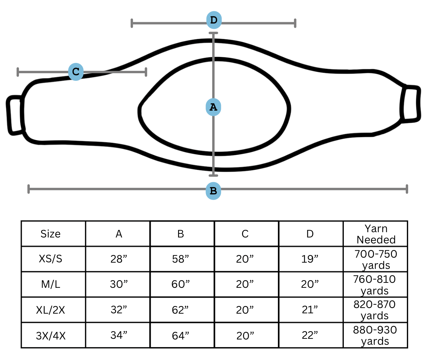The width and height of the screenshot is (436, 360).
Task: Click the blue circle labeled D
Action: tap(214, 20)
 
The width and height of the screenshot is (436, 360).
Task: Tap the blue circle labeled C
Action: tap(76, 72)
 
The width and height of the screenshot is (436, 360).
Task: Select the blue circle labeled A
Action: tap(213, 107)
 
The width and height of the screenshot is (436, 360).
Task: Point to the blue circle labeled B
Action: tap(213, 191)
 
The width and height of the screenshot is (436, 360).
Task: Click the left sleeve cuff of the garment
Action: tap(15, 115)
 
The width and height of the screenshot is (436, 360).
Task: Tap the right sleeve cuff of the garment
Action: tap(410, 104)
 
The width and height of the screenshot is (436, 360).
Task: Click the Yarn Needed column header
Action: tap(376, 234)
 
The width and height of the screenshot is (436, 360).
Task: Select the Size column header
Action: tap(50, 234)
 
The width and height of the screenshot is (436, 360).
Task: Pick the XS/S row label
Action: tap(50, 259)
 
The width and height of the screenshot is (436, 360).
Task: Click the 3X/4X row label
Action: tap(51, 336)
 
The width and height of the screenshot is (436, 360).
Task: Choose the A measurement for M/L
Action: tap(119, 284)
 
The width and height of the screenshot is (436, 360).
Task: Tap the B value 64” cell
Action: tap(180, 336)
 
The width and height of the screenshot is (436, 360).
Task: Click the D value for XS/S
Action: tap(310, 259)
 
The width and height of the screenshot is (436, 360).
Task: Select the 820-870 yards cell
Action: tap(375, 310)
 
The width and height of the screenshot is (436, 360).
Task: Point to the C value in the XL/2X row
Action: tap(245, 310)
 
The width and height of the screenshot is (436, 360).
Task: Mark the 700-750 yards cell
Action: tap(376, 259)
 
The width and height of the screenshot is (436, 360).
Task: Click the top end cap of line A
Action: tap(213, 33)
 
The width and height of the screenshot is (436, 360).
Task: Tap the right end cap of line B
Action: tap(407, 189)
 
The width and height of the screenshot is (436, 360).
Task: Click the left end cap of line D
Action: tap(132, 23)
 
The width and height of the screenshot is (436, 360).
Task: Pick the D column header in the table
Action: tap(310, 234)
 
